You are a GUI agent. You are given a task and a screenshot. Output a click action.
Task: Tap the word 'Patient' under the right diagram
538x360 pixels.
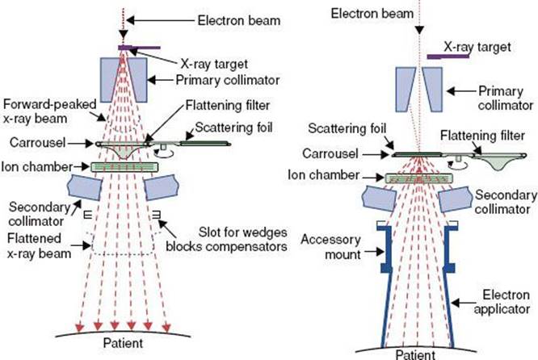pos(413,353)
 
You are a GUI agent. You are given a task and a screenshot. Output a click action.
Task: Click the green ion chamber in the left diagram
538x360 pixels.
pos(124,166)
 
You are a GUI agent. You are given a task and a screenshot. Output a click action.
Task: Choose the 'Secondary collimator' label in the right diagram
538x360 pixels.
pos(505,201)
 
